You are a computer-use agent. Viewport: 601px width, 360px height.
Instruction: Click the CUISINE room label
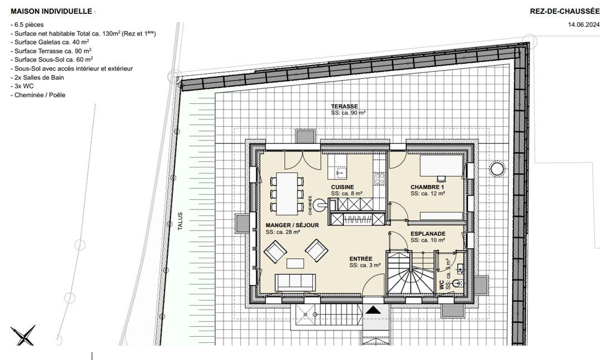point(342,187)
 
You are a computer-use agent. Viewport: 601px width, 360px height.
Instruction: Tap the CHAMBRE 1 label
point(428,187)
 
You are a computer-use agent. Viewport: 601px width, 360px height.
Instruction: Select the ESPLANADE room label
point(428,234)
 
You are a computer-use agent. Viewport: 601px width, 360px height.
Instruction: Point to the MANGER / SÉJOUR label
point(292,225)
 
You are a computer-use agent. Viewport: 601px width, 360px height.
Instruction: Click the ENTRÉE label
point(361,259)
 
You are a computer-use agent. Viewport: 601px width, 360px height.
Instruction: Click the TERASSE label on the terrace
point(345,107)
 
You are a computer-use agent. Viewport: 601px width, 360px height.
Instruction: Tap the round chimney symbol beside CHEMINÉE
point(319,206)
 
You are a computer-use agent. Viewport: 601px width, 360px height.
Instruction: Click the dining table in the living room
point(287,194)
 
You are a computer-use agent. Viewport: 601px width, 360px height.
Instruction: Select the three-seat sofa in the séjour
point(295,282)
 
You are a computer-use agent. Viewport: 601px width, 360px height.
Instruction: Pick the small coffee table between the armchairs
point(295,263)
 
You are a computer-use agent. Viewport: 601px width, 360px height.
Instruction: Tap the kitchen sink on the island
point(340,173)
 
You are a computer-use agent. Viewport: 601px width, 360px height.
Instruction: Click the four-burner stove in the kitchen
point(380,178)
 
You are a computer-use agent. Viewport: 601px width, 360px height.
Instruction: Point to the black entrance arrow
point(373,310)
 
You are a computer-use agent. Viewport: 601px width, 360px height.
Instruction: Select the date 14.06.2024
point(583,24)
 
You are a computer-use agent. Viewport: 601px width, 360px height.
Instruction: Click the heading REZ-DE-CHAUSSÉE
point(565,12)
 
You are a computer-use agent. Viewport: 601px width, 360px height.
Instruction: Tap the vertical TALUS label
point(180,221)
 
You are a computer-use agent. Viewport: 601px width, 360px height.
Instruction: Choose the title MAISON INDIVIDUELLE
point(51,12)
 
